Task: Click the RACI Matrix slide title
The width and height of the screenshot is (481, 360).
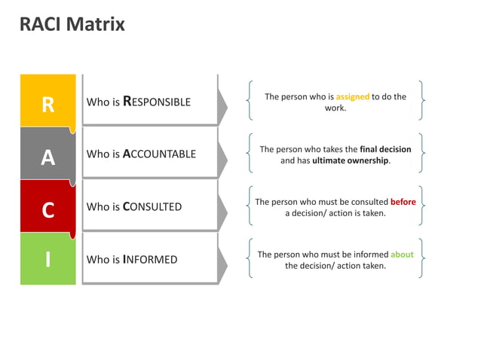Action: coord(72,24)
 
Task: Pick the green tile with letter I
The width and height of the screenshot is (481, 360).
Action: coord(48,259)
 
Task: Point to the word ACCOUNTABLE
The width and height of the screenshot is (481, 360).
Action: coord(159,154)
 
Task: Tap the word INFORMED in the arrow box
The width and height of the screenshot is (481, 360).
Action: coord(150,260)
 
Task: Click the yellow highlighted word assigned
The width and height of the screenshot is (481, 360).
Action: coord(352,97)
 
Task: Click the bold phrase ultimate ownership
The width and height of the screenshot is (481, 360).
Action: coord(351,160)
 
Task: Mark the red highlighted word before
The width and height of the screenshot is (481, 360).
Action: coord(403,203)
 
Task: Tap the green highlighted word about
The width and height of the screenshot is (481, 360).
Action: coord(402,255)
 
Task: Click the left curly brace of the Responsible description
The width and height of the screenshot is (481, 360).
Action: coord(249,101)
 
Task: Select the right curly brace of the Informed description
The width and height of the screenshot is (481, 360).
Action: coord(421,259)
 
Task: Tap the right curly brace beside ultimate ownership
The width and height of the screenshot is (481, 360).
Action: coord(421,154)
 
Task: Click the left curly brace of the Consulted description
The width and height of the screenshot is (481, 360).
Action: coord(249,206)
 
